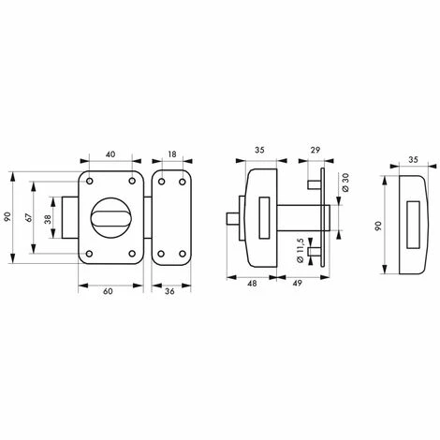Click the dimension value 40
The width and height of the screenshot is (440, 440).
[110, 154]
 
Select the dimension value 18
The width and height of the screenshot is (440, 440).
[172, 154]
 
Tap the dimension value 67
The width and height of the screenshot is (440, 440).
[29, 217]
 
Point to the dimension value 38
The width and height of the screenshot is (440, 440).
[48, 220]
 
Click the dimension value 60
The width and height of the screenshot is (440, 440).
[108, 291]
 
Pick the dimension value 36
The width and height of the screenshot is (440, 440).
[169, 291]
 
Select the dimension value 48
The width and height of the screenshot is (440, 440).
[252, 284]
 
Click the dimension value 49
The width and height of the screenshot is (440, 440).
[298, 284]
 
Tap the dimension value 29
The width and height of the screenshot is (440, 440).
[315, 150]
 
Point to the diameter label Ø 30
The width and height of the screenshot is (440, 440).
[345, 183]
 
